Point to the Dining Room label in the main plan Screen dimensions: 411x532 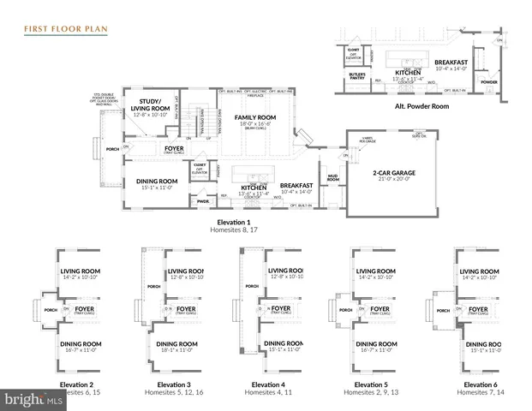[157, 181]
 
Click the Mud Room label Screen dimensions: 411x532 [332, 179]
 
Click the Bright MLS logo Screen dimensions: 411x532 [34, 399]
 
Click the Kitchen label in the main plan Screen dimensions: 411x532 [254, 187]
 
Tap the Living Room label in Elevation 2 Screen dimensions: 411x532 [79, 272]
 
